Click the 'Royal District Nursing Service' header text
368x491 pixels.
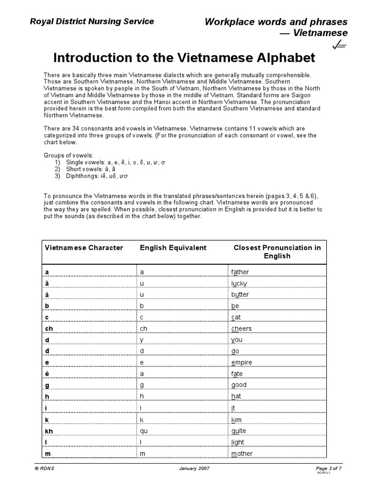point(92,21)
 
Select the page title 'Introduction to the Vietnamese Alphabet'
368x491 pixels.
point(184,58)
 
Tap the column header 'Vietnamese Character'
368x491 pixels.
point(84,248)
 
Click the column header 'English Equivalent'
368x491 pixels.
point(173,248)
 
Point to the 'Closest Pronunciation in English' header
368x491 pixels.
point(277,252)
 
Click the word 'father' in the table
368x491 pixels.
point(240,272)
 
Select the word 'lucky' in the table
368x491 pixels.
point(239,283)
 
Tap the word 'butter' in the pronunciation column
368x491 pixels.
point(240,294)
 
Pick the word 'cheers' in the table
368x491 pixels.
point(241,328)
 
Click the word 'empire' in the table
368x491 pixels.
point(241,362)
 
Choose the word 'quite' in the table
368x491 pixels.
point(239,431)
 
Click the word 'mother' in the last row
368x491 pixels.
point(242,454)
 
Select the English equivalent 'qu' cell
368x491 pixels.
point(143,431)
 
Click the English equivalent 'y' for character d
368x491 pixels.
point(142,340)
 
